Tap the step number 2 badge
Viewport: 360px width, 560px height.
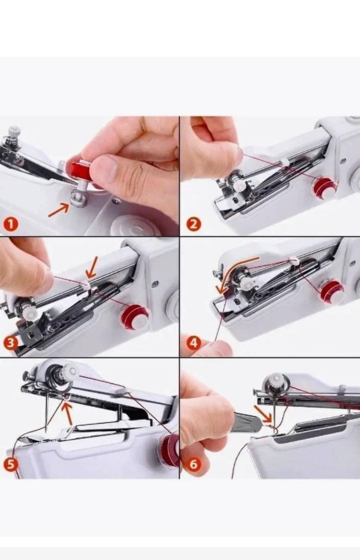pyautogui.click(x=193, y=224)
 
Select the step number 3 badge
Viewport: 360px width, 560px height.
pyautogui.click(x=11, y=343)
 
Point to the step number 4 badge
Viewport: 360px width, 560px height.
pyautogui.click(x=193, y=342)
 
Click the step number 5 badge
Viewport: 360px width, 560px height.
pyautogui.click(x=11, y=464)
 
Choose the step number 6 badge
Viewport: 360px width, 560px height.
pyautogui.click(x=193, y=464)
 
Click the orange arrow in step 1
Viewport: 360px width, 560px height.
pyautogui.click(x=59, y=209)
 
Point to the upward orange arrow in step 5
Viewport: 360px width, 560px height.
pyautogui.click(x=66, y=413)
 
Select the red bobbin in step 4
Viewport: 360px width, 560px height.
pyautogui.click(x=332, y=290)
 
